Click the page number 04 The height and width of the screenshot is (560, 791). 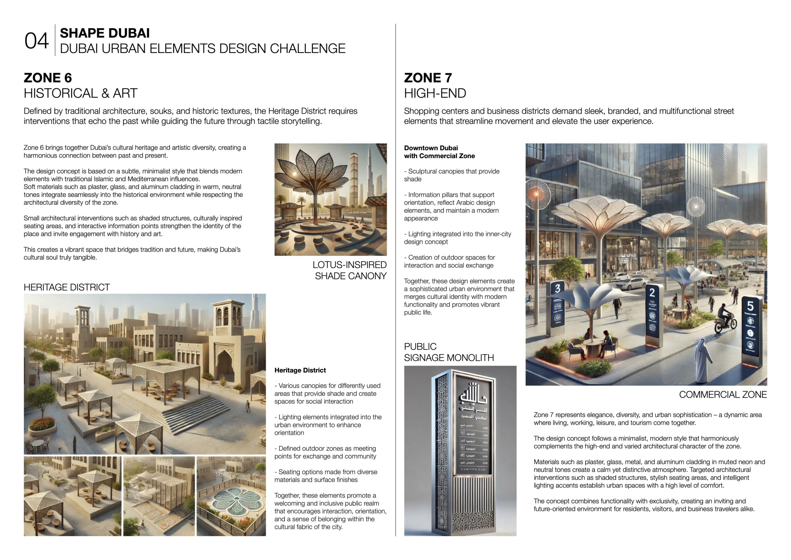[36, 41]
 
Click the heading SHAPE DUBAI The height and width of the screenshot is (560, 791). [105, 33]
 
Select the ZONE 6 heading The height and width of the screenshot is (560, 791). [47, 78]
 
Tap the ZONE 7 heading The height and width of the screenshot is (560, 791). [427, 78]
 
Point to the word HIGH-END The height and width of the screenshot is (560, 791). [435, 93]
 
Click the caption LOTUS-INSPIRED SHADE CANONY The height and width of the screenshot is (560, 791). [349, 270]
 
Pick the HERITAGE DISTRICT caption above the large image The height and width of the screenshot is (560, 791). [66, 287]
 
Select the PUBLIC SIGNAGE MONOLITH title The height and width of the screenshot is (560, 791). [449, 352]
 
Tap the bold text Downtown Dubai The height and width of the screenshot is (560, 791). [431, 148]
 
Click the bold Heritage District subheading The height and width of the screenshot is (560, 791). [300, 370]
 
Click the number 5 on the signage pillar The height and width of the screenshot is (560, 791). [750, 306]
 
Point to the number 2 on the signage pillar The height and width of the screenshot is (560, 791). [652, 292]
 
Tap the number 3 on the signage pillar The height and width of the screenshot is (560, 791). [557, 288]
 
